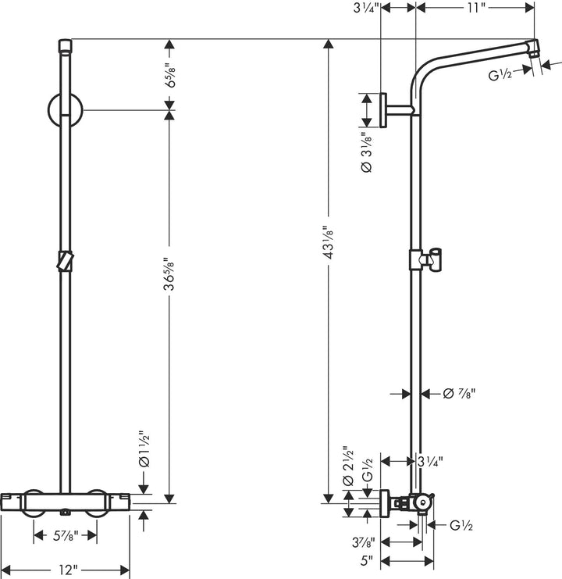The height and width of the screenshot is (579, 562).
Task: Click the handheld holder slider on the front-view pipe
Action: [x=65, y=260]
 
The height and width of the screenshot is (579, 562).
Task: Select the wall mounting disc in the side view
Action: [x=382, y=109]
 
